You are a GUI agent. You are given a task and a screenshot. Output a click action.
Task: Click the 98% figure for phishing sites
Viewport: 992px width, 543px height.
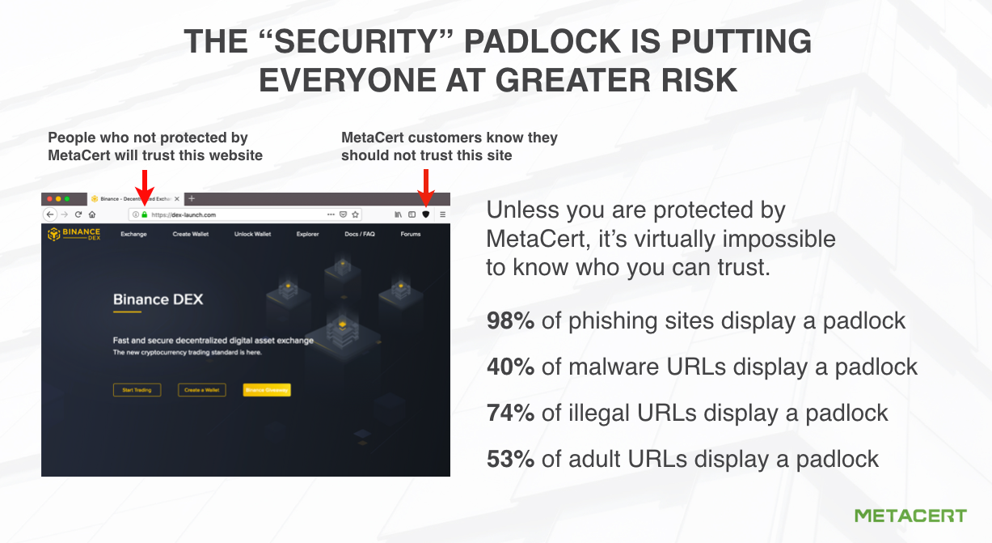pyautogui.click(x=510, y=321)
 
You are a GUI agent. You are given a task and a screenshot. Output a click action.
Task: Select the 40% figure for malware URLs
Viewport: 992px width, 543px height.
pyautogui.click(x=510, y=367)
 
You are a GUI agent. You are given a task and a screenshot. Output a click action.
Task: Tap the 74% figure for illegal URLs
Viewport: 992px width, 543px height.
pyautogui.click(x=510, y=414)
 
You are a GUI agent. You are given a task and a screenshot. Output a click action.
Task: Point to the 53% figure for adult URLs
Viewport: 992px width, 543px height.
pyautogui.click(x=510, y=460)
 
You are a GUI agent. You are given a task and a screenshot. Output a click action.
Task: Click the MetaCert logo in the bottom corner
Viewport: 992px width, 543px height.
pyautogui.click(x=910, y=515)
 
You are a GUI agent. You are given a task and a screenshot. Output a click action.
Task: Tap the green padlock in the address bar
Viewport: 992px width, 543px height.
pyautogui.click(x=145, y=214)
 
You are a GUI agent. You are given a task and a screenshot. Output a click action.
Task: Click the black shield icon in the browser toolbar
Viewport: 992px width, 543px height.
pyautogui.click(x=426, y=214)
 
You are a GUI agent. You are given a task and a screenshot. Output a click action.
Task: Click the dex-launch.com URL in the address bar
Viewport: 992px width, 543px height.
pyautogui.click(x=184, y=214)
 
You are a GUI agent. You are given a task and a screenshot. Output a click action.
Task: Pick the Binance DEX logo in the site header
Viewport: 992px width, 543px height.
pyautogui.click(x=74, y=234)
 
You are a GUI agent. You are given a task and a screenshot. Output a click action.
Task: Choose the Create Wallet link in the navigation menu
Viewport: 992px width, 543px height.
pyautogui.click(x=191, y=234)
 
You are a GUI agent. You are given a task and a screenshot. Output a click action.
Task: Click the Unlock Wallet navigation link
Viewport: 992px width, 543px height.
pyautogui.click(x=253, y=234)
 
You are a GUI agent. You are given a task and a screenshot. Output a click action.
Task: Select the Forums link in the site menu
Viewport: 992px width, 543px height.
pyautogui.click(x=411, y=234)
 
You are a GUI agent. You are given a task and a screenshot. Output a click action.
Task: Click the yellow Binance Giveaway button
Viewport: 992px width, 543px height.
pyautogui.click(x=267, y=390)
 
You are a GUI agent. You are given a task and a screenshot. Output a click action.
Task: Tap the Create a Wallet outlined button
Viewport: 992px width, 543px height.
pyautogui.click(x=202, y=390)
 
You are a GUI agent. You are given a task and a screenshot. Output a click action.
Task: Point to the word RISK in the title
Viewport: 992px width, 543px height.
pyautogui.click(x=695, y=81)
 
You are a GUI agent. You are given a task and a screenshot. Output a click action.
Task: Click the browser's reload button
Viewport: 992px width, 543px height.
pyautogui.click(x=78, y=214)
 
